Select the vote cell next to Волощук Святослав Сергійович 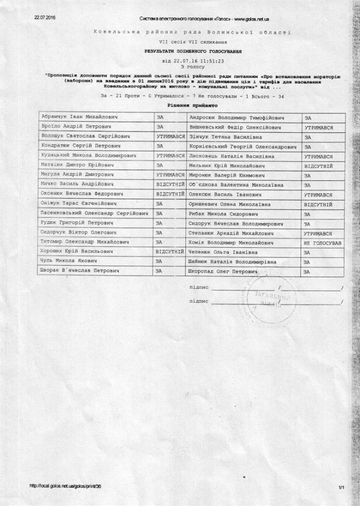pyautogui.click(x=170, y=137)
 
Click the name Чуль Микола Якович pyautogui.click(x=68, y=261)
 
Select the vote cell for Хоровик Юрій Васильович pyautogui.click(x=170, y=252)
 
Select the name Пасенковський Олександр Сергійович pyautogui.click(x=94, y=213)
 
